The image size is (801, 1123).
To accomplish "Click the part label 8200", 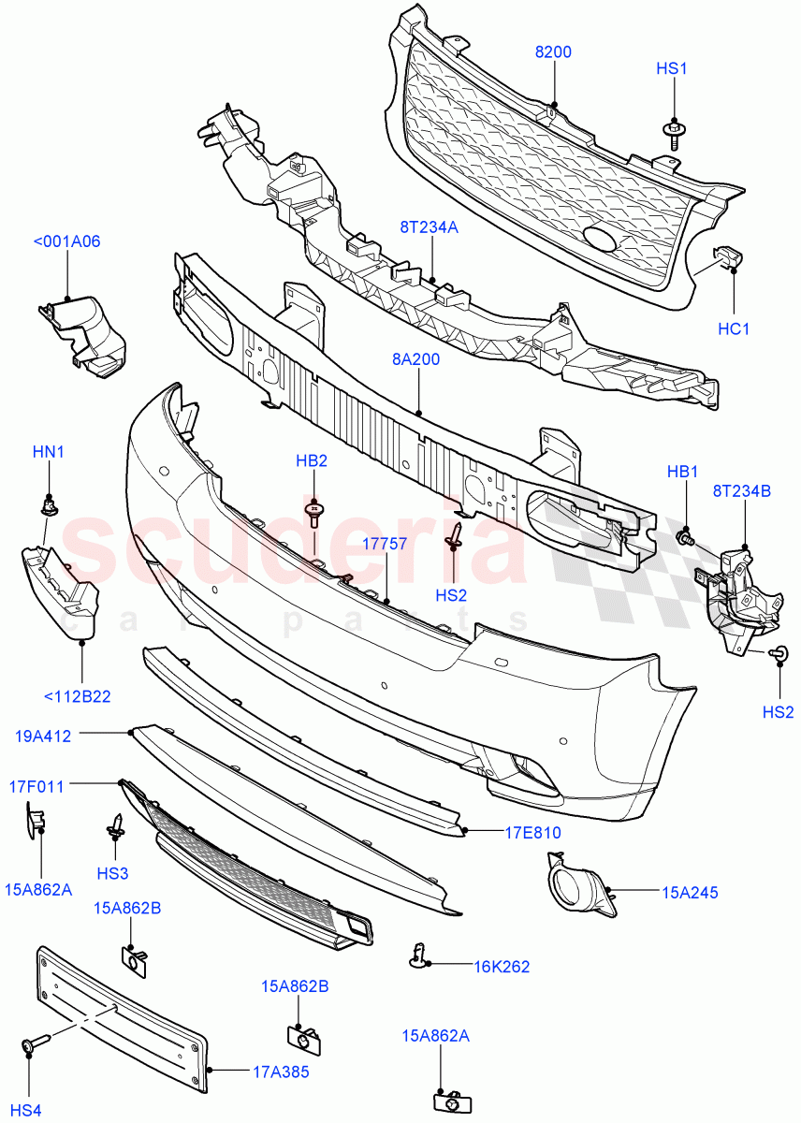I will pyautogui.click(x=553, y=52).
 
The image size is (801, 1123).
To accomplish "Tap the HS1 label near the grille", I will pyautogui.click(x=672, y=68).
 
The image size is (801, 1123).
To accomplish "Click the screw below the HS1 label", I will pyautogui.click(x=673, y=132).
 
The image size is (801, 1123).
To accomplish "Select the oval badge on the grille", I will pyautogui.click(x=600, y=240).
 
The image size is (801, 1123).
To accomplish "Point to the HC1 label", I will pyautogui.click(x=735, y=328).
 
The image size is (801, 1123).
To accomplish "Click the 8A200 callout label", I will pyautogui.click(x=416, y=358).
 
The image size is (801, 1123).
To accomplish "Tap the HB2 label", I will pyautogui.click(x=312, y=460).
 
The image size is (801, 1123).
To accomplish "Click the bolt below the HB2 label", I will pyautogui.click(x=315, y=511).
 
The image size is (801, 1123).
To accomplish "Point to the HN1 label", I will pyautogui.click(x=49, y=452).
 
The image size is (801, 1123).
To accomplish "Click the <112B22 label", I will pyautogui.click(x=78, y=695).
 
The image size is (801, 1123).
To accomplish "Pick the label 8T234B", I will pyautogui.click(x=742, y=489).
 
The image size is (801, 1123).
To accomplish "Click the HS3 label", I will pyautogui.click(x=112, y=873).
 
